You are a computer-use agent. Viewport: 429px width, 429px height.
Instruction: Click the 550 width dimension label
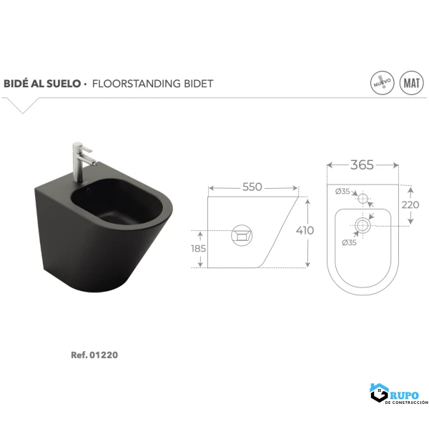coord(252,187)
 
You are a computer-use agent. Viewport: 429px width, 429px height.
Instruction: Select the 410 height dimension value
coord(305,231)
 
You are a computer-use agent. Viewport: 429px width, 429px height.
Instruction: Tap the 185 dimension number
coord(198,248)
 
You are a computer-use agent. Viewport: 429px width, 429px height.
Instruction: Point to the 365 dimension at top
coord(362,164)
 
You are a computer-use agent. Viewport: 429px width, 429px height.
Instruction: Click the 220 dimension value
coord(410,204)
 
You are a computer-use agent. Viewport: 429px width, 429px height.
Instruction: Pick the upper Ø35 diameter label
coord(342,191)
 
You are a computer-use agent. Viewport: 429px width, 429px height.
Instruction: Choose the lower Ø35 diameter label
coord(349,242)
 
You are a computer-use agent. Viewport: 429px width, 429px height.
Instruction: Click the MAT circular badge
coord(412,83)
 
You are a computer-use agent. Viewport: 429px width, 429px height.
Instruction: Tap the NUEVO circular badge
coord(383,83)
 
